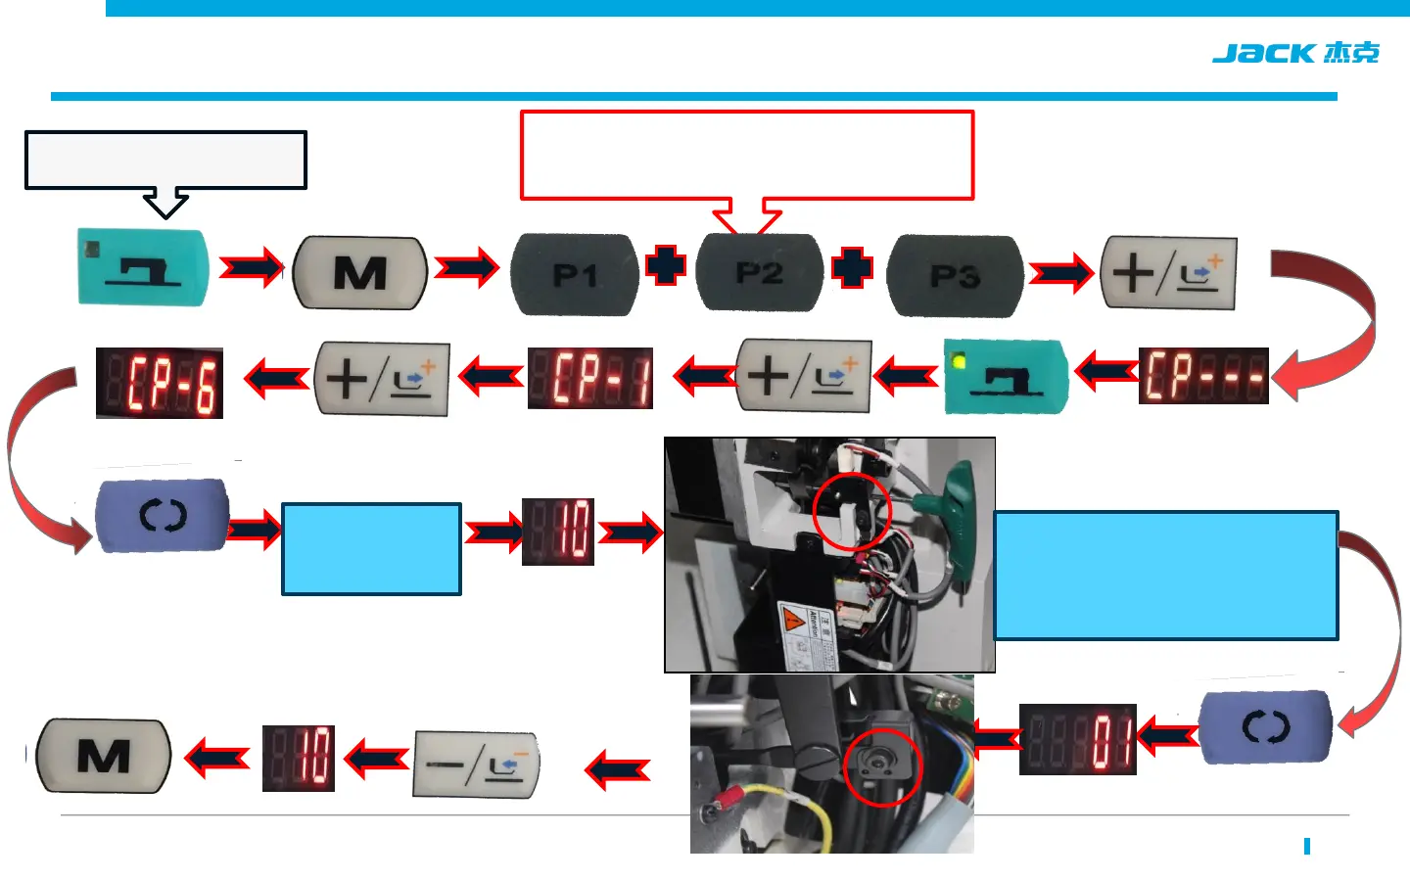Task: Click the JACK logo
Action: pos(1294,53)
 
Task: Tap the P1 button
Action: pos(575,274)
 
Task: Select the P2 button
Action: pos(759,272)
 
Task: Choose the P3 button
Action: pos(954,276)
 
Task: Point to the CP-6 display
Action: pos(160,383)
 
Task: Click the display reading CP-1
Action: pos(590,378)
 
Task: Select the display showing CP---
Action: pos(1203,376)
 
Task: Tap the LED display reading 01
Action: pos(1077,739)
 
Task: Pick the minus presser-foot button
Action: pos(476,764)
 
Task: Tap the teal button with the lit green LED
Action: pos(1005,377)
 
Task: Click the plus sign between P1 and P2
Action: pos(666,266)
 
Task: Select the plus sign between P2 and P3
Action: pos(852,268)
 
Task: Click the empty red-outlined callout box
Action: pos(746,155)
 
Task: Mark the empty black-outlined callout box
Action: pos(165,160)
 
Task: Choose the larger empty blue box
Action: pos(1165,576)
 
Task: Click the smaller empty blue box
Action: pos(371,549)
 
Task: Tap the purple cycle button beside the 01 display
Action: pos(1265,727)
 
